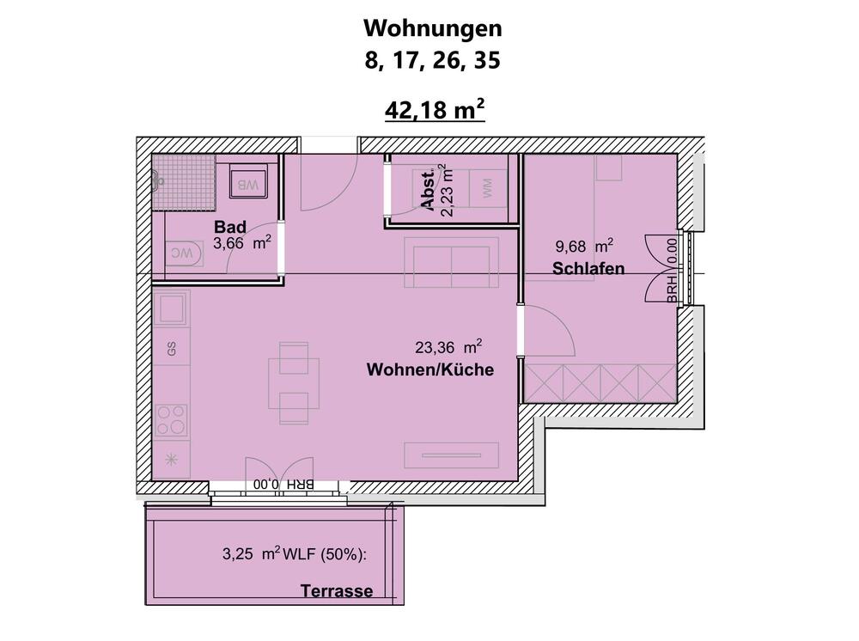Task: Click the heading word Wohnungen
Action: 432,27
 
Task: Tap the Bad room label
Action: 230,228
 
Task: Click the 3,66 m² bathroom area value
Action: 242,243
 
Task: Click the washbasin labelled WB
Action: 248,184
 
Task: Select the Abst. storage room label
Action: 429,189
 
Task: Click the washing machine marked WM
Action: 488,188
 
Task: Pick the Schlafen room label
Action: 588,269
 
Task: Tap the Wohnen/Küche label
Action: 430,370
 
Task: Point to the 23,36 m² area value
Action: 448,348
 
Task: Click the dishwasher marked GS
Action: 172,349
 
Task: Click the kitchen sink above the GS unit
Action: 172,307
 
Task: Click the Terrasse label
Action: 337,591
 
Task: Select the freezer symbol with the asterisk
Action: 171,459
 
